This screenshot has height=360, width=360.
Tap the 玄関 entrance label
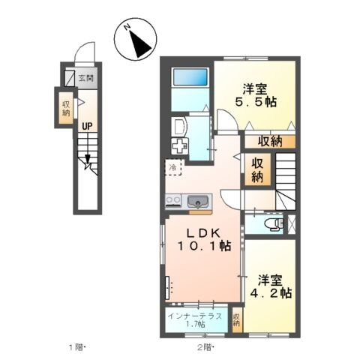86,77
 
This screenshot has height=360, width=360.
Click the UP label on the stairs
88,126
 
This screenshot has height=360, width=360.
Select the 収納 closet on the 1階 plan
66,106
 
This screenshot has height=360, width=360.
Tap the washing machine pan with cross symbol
182,145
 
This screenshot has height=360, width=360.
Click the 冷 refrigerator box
172,167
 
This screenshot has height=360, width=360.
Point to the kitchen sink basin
199,200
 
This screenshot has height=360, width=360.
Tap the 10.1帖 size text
203,245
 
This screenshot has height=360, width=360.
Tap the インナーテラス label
194,315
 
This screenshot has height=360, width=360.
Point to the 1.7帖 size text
195,325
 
